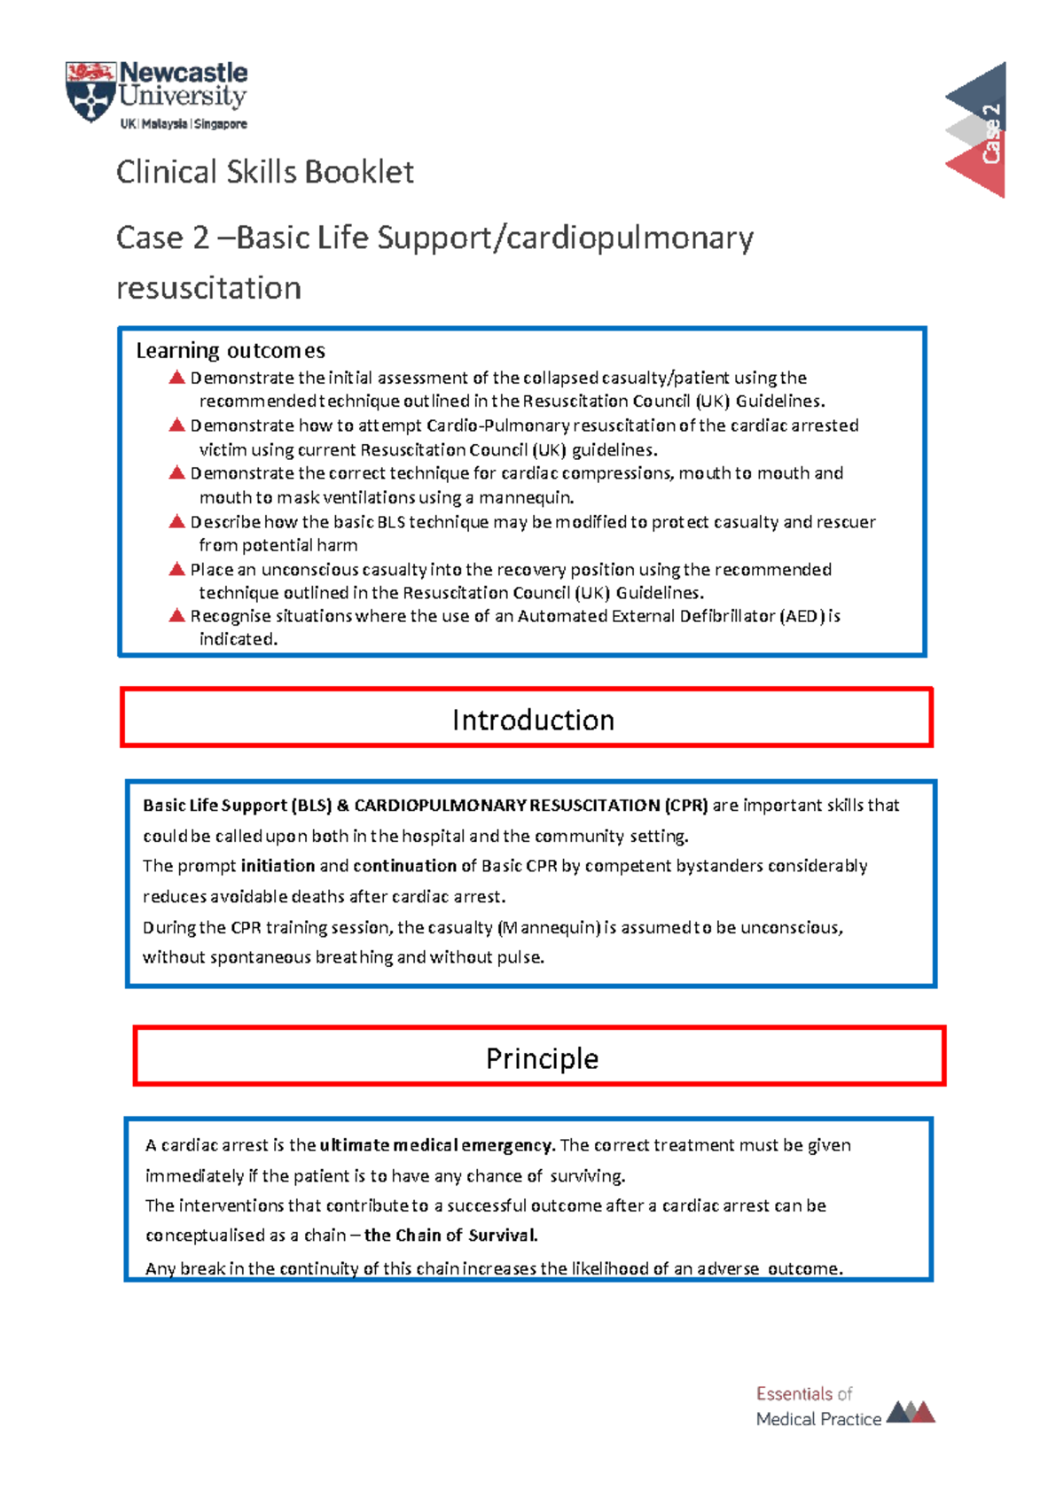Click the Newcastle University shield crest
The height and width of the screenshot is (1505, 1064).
click(90, 92)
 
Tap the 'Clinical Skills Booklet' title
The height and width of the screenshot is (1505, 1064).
click(264, 172)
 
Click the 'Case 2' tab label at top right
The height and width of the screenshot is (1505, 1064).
click(991, 133)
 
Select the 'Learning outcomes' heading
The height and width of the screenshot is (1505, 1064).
click(231, 351)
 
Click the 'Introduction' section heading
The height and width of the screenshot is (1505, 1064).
click(532, 720)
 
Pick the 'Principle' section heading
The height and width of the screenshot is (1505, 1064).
click(542, 1058)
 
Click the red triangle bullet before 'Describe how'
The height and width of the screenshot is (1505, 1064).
click(176, 521)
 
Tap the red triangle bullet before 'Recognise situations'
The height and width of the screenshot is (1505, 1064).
click(176, 615)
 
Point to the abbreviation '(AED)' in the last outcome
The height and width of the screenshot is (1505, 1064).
click(802, 616)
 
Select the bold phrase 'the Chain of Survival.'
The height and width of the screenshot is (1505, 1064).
click(450, 1236)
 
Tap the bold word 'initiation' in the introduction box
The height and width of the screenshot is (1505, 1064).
click(278, 866)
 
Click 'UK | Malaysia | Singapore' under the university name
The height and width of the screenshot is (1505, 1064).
click(184, 125)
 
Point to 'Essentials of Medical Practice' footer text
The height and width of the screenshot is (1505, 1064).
click(818, 1406)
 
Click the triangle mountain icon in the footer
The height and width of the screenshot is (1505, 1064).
click(911, 1411)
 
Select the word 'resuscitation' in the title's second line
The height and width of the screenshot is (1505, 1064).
click(209, 288)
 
